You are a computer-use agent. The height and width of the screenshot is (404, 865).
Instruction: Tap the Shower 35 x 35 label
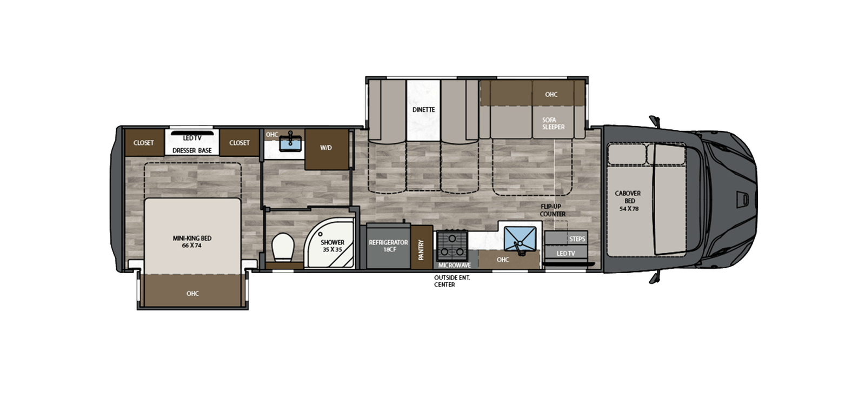coord(332,246)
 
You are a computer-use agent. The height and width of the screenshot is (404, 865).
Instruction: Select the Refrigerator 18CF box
coord(388,246)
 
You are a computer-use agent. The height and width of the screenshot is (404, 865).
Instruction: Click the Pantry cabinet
coord(421,247)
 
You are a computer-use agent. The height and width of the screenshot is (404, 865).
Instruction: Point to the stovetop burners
coord(452,244)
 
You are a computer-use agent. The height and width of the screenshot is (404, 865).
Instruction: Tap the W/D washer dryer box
coord(326,148)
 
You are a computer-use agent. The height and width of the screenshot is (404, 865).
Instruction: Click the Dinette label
coord(423,110)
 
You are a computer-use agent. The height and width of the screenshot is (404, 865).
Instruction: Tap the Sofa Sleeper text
coord(553,123)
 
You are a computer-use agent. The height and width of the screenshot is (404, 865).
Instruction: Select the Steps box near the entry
coord(576,239)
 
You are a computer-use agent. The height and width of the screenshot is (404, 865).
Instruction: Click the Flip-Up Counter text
coord(553,210)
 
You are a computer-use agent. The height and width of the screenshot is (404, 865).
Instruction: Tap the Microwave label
coord(454,265)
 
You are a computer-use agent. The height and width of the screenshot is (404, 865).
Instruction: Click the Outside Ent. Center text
coord(452,281)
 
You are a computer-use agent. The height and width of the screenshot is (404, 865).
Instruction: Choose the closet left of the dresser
coord(143,143)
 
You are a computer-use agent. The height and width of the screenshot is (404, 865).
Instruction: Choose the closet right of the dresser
coord(239,143)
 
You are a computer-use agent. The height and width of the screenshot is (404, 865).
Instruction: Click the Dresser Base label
coord(192,150)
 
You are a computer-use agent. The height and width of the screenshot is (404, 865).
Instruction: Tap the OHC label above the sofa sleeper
coord(551,94)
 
